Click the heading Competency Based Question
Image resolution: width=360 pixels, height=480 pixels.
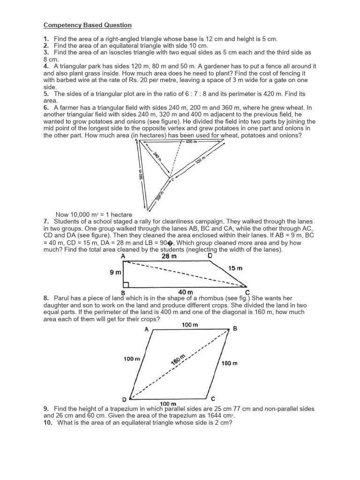[x=88, y=25]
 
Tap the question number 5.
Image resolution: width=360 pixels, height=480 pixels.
[x=46, y=94]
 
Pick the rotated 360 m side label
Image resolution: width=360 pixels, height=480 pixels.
[x=141, y=174]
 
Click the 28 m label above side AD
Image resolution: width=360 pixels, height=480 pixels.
[x=169, y=256]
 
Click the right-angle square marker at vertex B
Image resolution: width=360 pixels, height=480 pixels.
[x=126, y=285]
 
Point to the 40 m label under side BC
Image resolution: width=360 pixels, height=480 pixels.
[x=187, y=292]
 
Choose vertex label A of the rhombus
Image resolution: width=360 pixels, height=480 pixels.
[x=147, y=330]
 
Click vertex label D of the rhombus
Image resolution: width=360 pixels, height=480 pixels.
[x=124, y=399]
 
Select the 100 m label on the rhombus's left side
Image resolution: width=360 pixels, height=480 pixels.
[x=132, y=359]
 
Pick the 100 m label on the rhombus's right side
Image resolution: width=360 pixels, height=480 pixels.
[x=229, y=363]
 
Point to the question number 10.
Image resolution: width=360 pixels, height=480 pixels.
[x=48, y=422]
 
